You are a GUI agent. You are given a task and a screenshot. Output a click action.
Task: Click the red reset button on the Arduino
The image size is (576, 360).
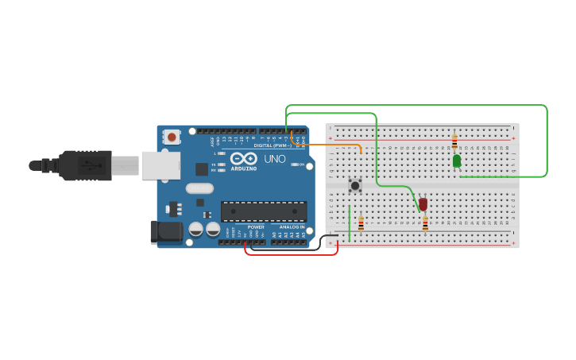(172, 137)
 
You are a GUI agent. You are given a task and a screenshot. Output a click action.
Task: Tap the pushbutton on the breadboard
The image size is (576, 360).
(355, 185)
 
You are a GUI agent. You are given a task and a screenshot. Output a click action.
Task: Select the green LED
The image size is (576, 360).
(457, 161)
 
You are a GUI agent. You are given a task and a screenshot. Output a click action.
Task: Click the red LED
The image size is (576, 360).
(423, 204)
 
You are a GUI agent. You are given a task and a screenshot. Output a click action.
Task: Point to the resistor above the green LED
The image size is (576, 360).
(454, 142)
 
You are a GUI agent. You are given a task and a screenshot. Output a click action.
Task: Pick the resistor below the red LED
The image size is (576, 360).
(425, 224)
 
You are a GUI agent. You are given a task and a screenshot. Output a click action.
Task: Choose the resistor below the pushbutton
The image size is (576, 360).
(361, 224)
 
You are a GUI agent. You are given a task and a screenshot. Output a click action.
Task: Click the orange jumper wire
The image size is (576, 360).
(334, 144)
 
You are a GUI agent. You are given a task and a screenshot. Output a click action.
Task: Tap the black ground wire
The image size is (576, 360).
(321, 242)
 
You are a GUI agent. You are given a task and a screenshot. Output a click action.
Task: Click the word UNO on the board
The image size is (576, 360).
(274, 159)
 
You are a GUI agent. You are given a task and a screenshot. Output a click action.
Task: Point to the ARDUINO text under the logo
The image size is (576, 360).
(244, 168)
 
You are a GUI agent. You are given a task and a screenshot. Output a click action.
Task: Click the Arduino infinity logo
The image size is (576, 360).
(243, 159)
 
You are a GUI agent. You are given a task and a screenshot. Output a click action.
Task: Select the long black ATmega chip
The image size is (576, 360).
(264, 211)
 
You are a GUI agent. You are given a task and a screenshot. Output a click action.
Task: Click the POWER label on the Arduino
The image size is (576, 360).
(256, 226)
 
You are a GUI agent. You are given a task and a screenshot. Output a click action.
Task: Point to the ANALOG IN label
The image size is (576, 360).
(292, 226)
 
